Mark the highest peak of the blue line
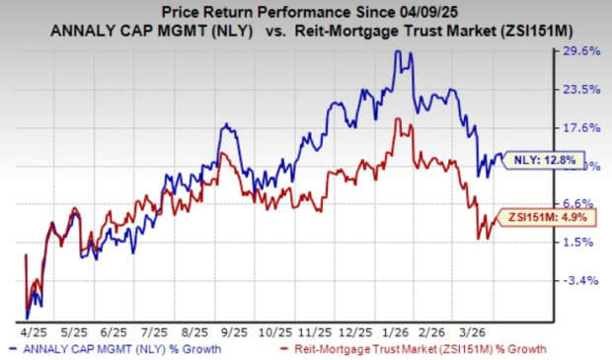click(398, 52)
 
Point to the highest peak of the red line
click(397, 119)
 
